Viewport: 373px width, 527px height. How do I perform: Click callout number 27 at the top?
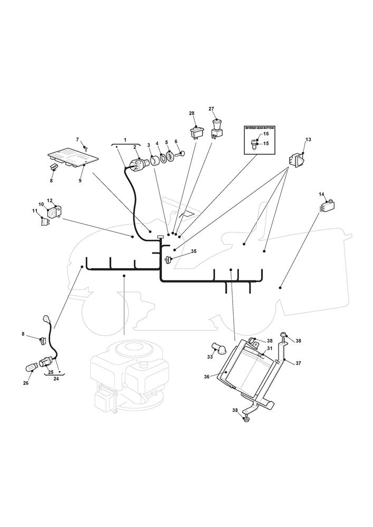(212, 109)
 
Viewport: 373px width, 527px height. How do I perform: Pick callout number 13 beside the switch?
(308, 140)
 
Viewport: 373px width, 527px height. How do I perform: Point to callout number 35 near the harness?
(194, 252)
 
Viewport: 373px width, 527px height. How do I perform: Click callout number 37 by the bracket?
(298, 364)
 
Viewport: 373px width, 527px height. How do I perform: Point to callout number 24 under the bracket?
(56, 377)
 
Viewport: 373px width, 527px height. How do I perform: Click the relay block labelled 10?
(53, 212)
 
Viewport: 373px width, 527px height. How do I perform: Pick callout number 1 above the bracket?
(125, 140)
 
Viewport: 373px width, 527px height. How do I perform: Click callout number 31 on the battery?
(269, 348)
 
